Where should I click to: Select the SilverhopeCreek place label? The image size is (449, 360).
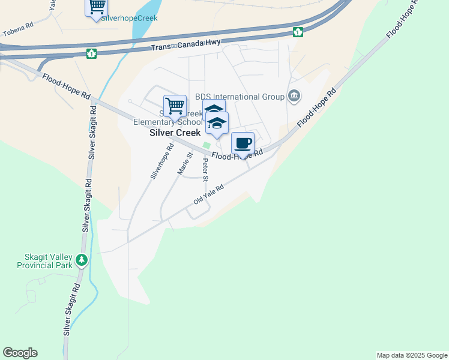click(129, 18)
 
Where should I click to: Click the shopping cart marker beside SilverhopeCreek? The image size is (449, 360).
click(96, 7)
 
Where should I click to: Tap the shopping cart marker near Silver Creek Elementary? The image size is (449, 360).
click(175, 107)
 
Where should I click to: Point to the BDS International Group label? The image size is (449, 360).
click(240, 97)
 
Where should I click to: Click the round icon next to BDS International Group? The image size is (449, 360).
click(294, 95)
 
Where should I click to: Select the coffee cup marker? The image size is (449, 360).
click(243, 144)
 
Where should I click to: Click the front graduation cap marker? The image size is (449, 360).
click(217, 124)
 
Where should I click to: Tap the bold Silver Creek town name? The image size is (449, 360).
click(175, 133)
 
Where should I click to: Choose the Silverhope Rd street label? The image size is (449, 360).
click(161, 161)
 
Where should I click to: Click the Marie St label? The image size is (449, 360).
click(185, 163)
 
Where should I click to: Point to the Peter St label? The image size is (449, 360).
click(205, 170)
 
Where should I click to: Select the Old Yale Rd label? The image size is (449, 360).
click(208, 194)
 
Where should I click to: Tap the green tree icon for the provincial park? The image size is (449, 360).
click(82, 260)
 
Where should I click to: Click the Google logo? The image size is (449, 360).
click(20, 353)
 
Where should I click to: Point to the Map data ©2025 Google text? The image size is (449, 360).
click(412, 355)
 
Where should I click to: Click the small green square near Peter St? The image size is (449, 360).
click(207, 145)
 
